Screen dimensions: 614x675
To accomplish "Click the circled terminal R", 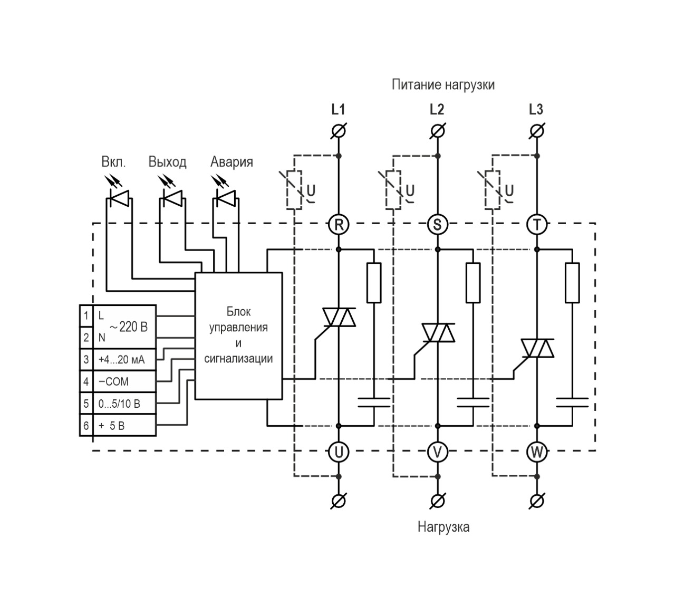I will click(x=339, y=225).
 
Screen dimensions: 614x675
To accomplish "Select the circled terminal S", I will click(x=437, y=225).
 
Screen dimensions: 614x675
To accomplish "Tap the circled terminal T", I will click(x=537, y=225).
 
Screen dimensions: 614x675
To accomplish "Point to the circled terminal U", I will click(x=339, y=452).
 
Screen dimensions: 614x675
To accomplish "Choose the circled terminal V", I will click(x=437, y=452).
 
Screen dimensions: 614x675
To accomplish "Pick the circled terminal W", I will click(x=537, y=452).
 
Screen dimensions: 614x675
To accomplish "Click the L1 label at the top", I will click(x=338, y=110).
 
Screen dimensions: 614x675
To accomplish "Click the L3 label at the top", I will click(x=536, y=110).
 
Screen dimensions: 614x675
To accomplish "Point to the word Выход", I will click(x=167, y=162).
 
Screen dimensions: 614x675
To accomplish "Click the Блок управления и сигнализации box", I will click(x=238, y=335).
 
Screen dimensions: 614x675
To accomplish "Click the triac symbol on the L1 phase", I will click(x=339, y=317).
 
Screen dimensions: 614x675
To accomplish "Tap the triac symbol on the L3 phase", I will click(x=537, y=348).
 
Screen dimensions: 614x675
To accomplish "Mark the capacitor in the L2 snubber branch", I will click(x=473, y=402).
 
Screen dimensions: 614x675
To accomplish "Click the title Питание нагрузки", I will click(x=443, y=84).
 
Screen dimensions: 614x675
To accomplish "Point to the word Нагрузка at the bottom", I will click(x=443, y=526).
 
